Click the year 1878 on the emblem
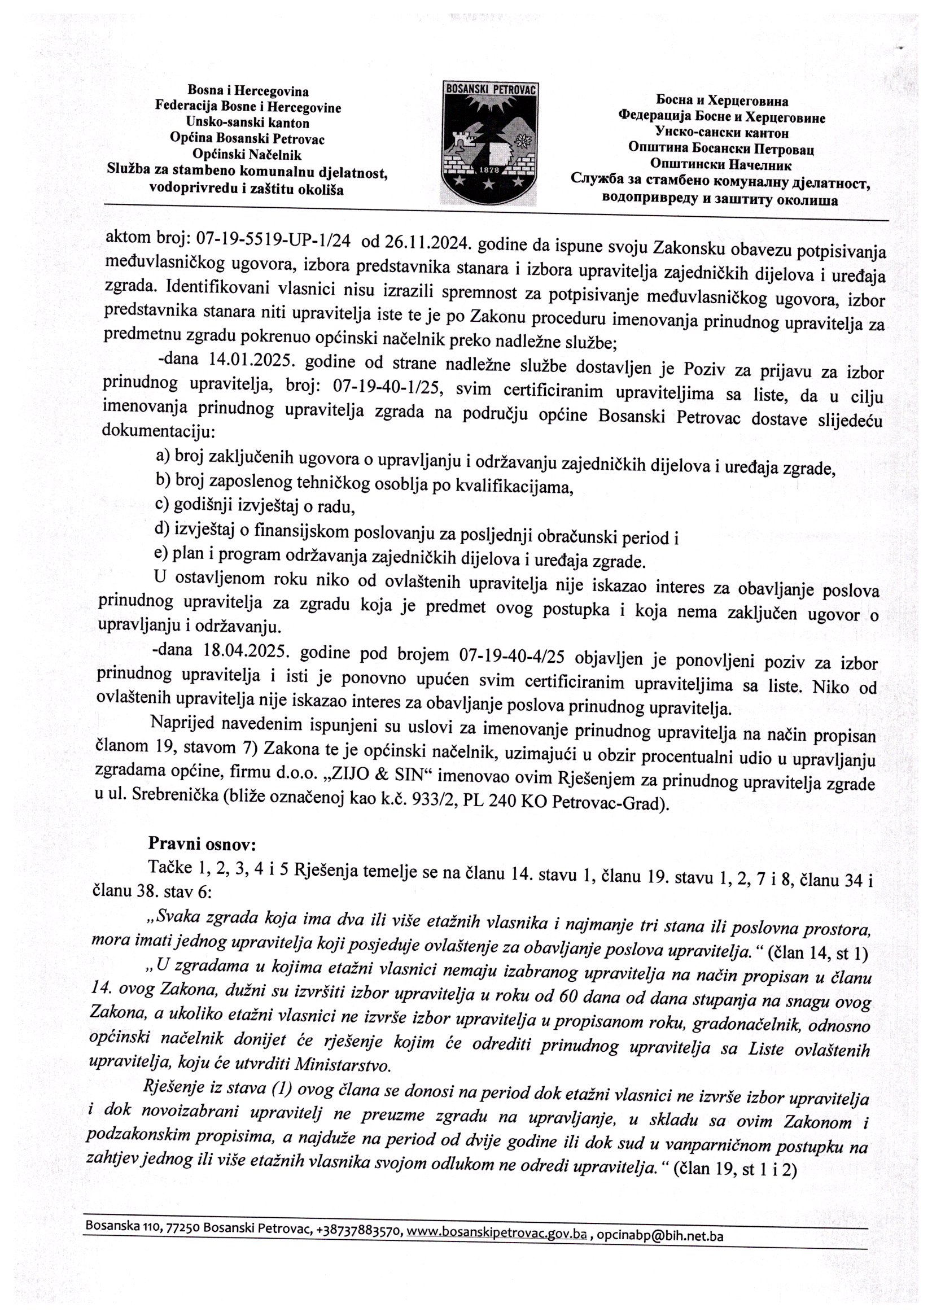(x=489, y=171)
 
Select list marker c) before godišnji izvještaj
(x=162, y=504)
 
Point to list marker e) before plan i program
(x=161, y=553)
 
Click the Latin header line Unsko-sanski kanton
(x=247, y=123)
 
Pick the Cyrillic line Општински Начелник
(x=721, y=165)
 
